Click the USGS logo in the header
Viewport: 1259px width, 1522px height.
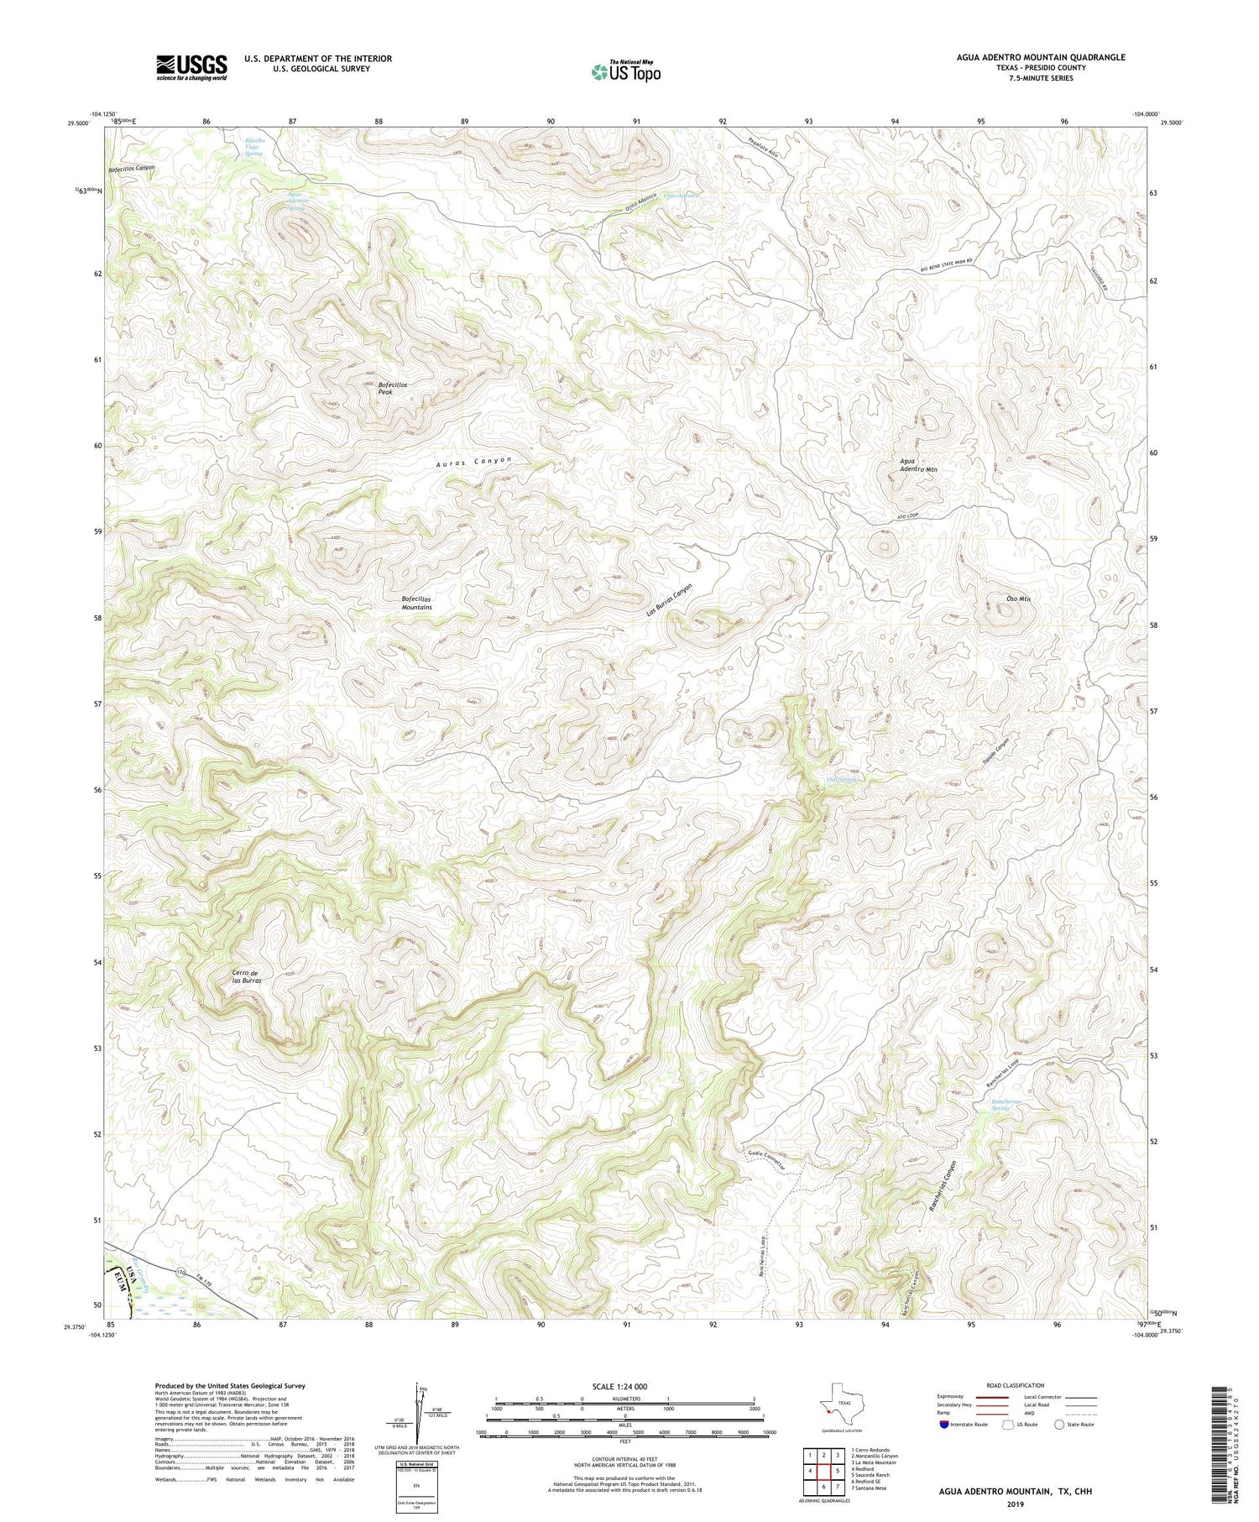coord(191,67)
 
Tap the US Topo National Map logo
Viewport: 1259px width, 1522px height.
coord(624,71)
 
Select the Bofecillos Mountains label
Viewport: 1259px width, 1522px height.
coord(416,603)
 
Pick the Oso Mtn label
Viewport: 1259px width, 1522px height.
coord(1017,599)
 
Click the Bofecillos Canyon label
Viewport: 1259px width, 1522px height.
coord(132,169)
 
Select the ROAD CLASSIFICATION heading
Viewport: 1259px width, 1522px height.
coord(1016,1385)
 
